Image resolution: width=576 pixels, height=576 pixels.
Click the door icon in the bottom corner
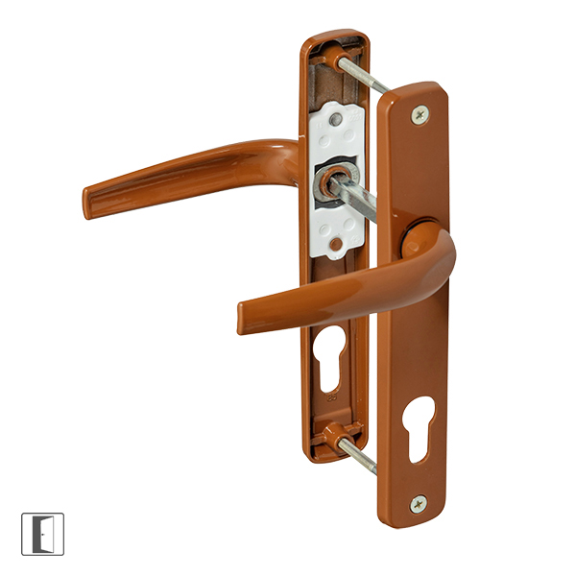[x=42, y=534]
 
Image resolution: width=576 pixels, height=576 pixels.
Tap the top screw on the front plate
[x=419, y=114]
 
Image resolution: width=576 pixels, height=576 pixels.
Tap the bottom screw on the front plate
[x=418, y=503]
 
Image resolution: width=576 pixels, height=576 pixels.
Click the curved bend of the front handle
[x=437, y=259]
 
